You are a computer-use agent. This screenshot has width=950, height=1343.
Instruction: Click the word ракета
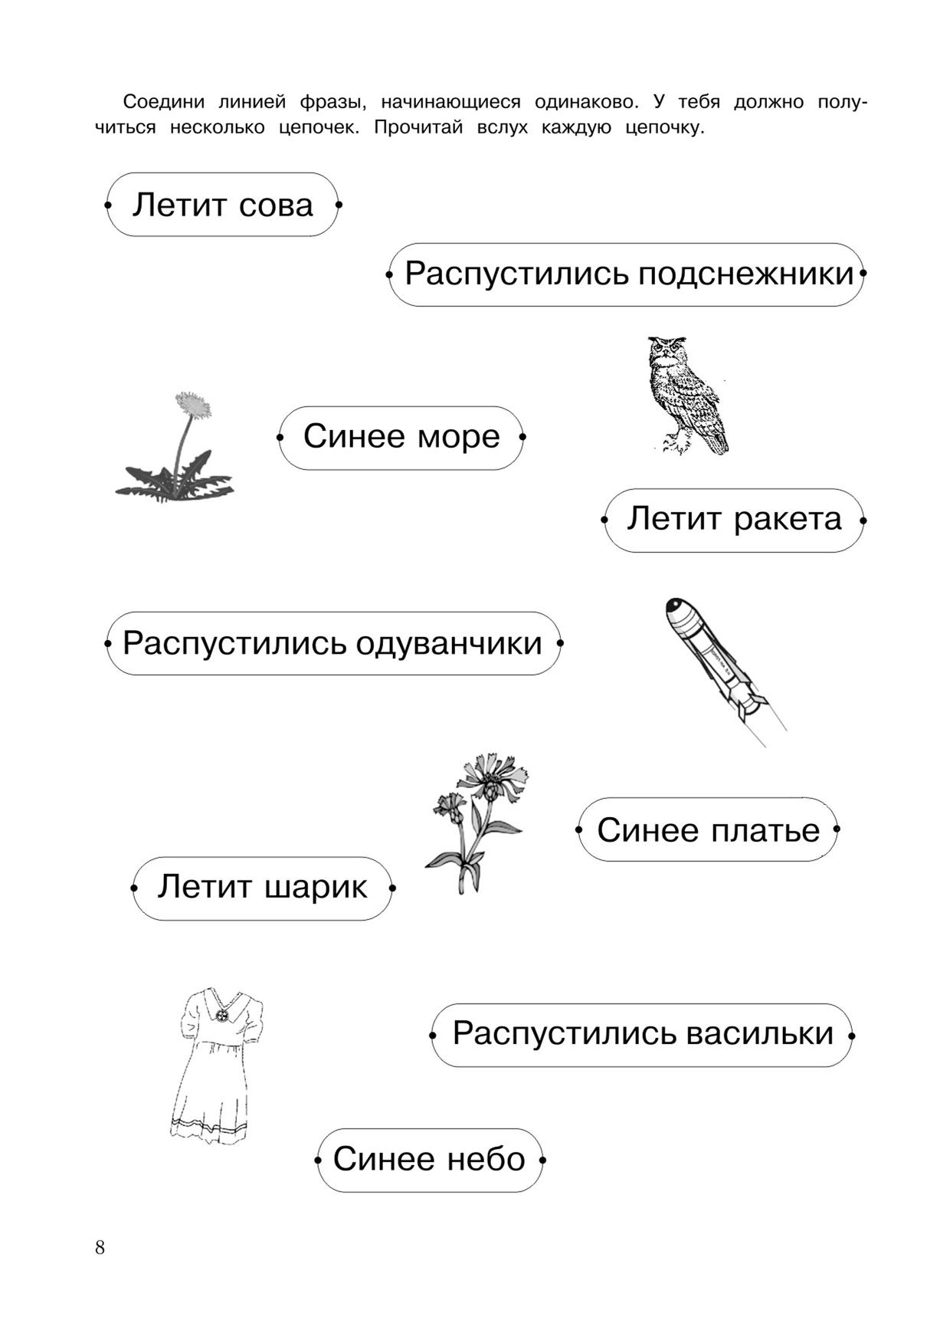tap(788, 520)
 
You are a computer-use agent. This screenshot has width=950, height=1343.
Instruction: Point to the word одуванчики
tap(449, 644)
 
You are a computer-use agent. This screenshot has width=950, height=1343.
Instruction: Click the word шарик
tap(316, 888)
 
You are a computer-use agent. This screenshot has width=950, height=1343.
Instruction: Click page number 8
tap(100, 1247)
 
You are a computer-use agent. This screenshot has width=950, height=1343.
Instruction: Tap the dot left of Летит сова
tap(107, 205)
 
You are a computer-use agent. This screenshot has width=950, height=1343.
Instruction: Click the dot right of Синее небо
tap(542, 1160)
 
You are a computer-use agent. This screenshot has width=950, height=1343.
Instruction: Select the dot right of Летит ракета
tap(863, 520)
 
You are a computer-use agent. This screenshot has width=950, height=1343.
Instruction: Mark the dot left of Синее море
tap(280, 438)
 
